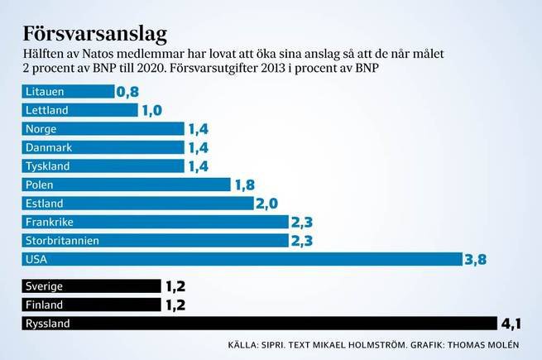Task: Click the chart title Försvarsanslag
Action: pos(95,34)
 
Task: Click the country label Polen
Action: pos(40,185)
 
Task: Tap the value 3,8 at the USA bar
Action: pos(475,260)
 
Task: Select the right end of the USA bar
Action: pos(459,260)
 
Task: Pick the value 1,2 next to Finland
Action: pos(175,305)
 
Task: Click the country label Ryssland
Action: pos(48,324)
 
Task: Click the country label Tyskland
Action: pos(47,166)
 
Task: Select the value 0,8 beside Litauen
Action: pos(127,92)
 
